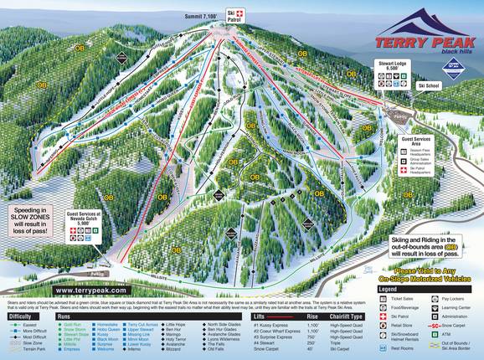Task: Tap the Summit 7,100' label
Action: [x=203, y=16]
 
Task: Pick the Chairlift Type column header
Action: [x=346, y=316]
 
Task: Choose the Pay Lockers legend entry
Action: [x=453, y=297]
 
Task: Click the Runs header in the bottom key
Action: [x=64, y=316]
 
